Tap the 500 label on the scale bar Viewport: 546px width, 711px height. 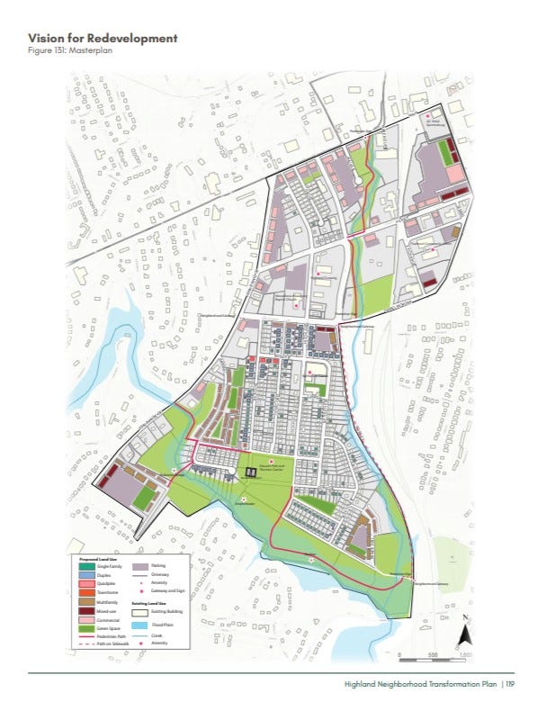pos(433,654)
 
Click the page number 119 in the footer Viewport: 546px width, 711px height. pos(509,684)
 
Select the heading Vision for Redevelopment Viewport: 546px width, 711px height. pos(103,38)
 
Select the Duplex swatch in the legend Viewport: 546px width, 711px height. pos(84,573)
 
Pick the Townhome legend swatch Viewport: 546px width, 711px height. pos(84,591)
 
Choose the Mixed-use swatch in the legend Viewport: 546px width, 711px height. pos(84,609)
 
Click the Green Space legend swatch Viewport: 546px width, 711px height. pos(84,627)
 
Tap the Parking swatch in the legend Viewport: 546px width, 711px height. pos(139,564)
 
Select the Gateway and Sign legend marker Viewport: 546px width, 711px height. pos(139,591)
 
